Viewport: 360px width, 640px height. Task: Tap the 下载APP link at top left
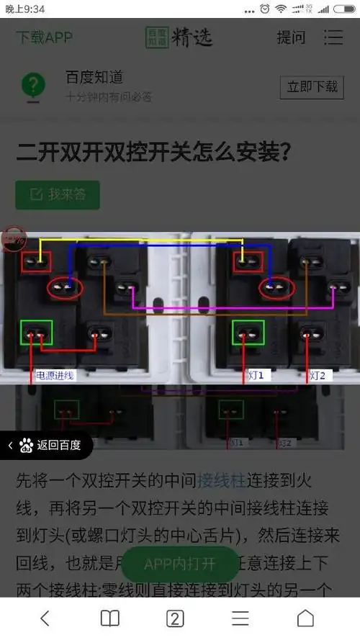pyautogui.click(x=45, y=37)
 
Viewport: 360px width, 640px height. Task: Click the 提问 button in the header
pyautogui.click(x=291, y=37)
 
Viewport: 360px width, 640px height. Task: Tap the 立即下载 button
pyautogui.click(x=312, y=86)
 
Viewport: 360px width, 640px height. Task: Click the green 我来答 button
pyautogui.click(x=58, y=194)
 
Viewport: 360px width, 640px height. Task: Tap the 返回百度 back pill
pyautogui.click(x=46, y=446)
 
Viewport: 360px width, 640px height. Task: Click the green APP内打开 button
pyautogui.click(x=179, y=564)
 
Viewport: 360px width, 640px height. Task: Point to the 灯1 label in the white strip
pyautogui.click(x=256, y=375)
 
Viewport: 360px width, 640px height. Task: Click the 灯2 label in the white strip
pyautogui.click(x=318, y=375)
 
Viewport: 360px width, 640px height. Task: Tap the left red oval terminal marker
pyautogui.click(x=66, y=288)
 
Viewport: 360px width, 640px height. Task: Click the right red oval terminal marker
pyautogui.click(x=279, y=288)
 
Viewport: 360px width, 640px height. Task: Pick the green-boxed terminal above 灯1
pyautogui.click(x=248, y=333)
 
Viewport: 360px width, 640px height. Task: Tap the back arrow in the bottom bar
pyautogui.click(x=45, y=618)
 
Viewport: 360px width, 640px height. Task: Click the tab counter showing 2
pyautogui.click(x=175, y=618)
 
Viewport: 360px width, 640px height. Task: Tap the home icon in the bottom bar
pyautogui.click(x=305, y=618)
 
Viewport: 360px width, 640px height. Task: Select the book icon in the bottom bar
pyautogui.click(x=109, y=618)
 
